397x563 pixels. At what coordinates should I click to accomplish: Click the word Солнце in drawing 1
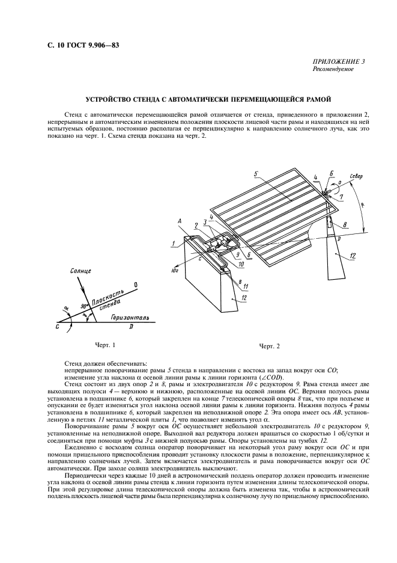[80, 271]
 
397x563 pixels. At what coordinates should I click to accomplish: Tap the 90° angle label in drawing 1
[85, 307]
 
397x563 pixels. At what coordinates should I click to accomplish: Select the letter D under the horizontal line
[131, 327]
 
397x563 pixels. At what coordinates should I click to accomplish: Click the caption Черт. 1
[105, 345]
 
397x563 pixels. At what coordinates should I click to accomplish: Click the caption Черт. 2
[269, 346]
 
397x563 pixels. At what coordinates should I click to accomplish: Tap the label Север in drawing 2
[356, 177]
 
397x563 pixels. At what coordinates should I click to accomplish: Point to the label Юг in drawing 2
[175, 271]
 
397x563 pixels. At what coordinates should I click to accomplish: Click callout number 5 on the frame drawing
[256, 174]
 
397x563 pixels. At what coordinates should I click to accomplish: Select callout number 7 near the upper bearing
[342, 197]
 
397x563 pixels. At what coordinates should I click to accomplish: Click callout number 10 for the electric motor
[241, 263]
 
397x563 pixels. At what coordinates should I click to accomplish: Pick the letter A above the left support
[179, 223]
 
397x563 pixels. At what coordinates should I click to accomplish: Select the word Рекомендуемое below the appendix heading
[333, 69]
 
